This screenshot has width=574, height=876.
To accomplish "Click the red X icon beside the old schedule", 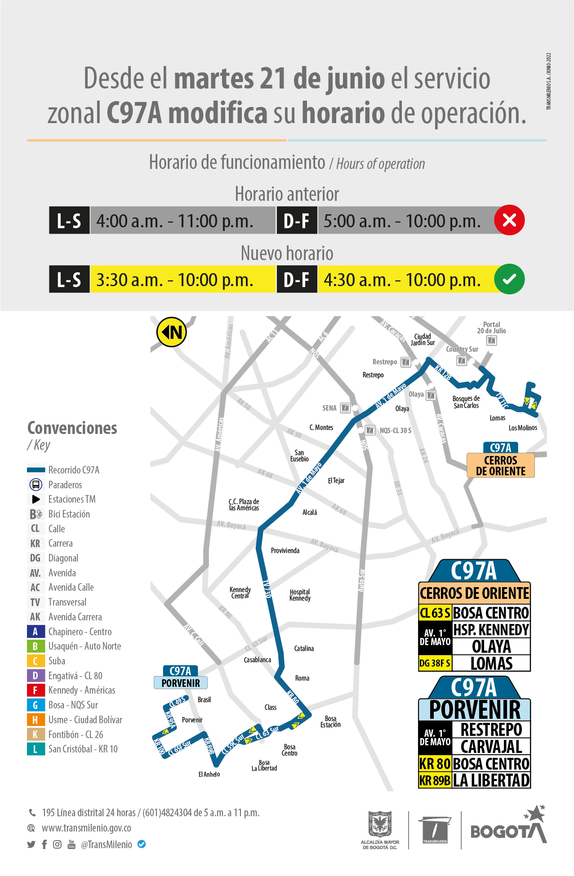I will (x=509, y=220).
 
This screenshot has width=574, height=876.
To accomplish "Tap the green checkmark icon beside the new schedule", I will (x=509, y=279).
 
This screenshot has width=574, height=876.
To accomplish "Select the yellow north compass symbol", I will (x=171, y=332).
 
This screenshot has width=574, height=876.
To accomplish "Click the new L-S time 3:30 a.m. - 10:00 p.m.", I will (x=175, y=280).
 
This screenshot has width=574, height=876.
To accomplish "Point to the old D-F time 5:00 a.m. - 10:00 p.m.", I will (x=402, y=221).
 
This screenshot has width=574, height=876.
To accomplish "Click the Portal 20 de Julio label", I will (x=491, y=327).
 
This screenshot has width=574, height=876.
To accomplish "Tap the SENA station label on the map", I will (x=329, y=408).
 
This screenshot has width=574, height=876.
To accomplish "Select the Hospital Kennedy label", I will (x=300, y=595).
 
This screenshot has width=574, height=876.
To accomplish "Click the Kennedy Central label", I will (x=240, y=593).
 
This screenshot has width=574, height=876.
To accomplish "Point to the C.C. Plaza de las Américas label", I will (x=244, y=504).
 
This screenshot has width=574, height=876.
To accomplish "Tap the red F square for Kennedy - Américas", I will (x=36, y=690).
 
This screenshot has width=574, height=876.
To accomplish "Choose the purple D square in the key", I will (x=36, y=676).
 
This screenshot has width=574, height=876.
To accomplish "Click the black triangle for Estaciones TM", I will (x=36, y=499).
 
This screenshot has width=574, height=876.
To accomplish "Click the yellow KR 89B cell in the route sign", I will (x=435, y=781).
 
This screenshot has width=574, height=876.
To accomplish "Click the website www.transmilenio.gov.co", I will (x=86, y=828).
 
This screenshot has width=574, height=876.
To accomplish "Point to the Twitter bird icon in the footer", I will (x=31, y=845).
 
